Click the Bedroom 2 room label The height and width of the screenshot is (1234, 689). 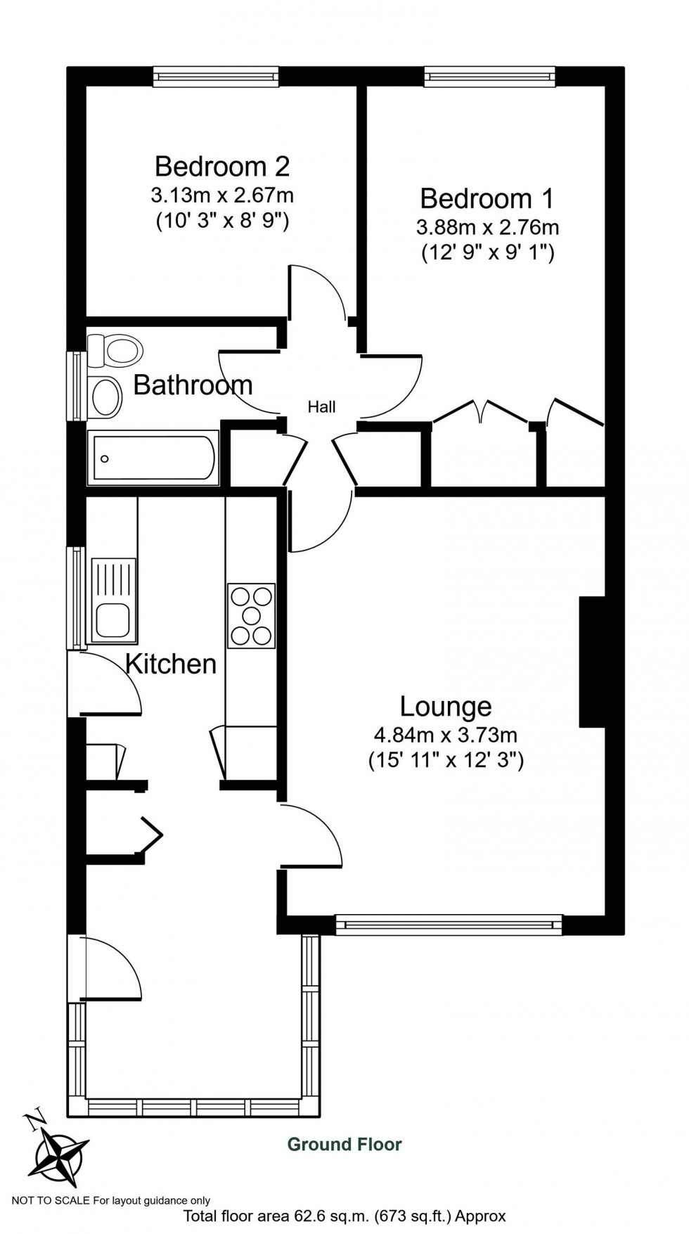[222, 167]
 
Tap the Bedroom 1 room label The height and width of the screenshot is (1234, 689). [487, 199]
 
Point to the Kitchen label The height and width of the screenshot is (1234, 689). [171, 664]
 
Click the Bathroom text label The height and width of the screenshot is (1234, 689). [193, 385]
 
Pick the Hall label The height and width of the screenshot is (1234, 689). [321, 406]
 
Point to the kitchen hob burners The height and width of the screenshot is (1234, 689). [251, 616]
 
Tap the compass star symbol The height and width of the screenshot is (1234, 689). [63, 1155]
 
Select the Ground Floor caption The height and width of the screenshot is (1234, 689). [344, 1145]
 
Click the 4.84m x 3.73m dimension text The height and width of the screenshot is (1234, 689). [446, 735]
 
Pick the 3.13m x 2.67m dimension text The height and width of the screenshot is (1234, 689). [222, 194]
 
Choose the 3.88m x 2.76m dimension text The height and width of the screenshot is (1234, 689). [487, 227]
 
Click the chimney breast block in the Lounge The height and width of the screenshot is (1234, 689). [592, 662]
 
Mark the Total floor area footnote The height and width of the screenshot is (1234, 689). [344, 1216]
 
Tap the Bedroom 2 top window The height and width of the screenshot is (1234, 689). [216, 77]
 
